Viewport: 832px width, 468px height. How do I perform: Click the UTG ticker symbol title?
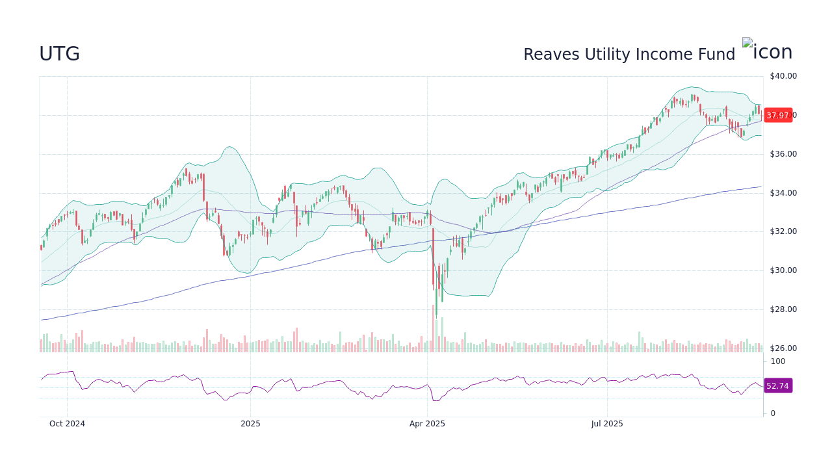click(x=59, y=54)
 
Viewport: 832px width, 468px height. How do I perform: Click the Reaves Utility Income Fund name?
click(x=629, y=55)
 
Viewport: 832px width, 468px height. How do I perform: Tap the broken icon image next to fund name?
click(x=767, y=51)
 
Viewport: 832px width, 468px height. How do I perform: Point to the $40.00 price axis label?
click(x=783, y=76)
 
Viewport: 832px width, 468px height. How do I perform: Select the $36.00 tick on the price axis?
click(x=783, y=154)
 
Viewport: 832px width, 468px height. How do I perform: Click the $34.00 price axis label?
click(x=783, y=193)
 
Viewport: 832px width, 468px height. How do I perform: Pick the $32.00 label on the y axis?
click(x=783, y=231)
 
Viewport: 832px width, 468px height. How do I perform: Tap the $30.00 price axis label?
click(x=783, y=270)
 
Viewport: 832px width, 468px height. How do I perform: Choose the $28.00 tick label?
click(x=783, y=309)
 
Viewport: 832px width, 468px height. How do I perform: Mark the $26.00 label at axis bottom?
click(x=783, y=348)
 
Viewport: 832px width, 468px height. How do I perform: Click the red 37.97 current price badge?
click(x=777, y=116)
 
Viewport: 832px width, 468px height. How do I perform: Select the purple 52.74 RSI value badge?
click(x=777, y=386)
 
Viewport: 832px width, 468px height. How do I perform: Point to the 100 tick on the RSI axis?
click(x=778, y=361)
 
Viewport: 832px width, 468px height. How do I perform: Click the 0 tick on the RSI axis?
click(x=773, y=413)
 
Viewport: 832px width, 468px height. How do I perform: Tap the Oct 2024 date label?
click(x=67, y=424)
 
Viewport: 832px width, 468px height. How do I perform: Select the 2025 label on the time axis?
click(x=250, y=424)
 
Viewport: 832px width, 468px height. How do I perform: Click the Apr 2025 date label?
click(x=427, y=424)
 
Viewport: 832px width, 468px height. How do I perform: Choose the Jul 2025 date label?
click(x=607, y=424)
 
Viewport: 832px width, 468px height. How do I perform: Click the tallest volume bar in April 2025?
click(x=433, y=328)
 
